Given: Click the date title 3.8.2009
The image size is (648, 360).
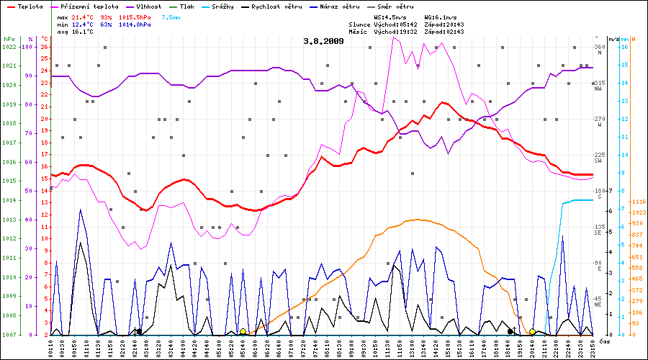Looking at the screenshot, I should (x=323, y=41).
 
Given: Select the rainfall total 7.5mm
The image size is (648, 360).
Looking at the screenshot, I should (x=171, y=17).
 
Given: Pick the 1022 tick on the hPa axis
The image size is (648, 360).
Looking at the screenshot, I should (x=9, y=47).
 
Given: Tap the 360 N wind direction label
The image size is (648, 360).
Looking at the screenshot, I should (x=599, y=50).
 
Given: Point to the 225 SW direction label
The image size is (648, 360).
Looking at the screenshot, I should (x=599, y=158).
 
